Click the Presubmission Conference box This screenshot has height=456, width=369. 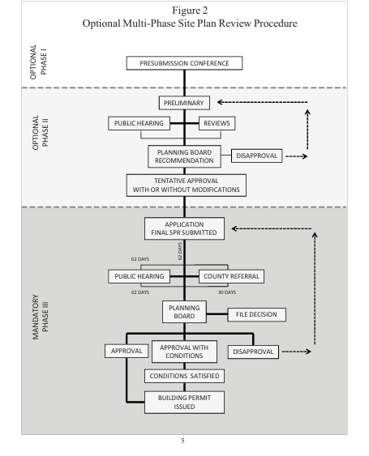tap(184, 63)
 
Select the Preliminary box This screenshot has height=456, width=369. tap(184, 103)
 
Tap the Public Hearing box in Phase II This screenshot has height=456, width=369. tap(139, 123)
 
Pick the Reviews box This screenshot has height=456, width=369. tap(217, 123)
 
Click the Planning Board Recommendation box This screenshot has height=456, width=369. tap(184, 156)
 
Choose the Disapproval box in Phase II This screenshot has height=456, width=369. tap(256, 156)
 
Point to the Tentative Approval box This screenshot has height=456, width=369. tap(186, 185)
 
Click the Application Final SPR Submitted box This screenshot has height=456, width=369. tap(184, 228)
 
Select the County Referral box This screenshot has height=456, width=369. tap(231, 276)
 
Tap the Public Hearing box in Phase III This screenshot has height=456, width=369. tap(139, 276)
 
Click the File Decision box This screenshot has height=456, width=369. tap(256, 314)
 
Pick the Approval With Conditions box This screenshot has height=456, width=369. tap(184, 352)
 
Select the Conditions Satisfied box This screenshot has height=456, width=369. tap(184, 376)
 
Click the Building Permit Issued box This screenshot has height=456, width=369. tap(184, 403)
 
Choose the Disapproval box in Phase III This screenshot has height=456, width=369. tap(253, 352)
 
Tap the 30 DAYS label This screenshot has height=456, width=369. tap(227, 292)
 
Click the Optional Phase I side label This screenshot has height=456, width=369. tap(38, 62)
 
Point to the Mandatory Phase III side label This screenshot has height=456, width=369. tap(41, 317)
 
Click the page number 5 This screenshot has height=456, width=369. tap(182, 441)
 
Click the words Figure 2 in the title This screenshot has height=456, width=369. tap(190, 11)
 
